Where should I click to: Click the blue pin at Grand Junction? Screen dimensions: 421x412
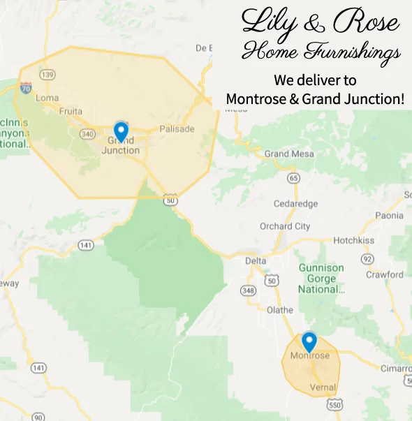click(x=121, y=131)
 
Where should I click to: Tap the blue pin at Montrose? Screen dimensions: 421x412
click(x=309, y=341)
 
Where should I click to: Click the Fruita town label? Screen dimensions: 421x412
click(x=71, y=111)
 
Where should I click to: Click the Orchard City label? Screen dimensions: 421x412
click(x=285, y=226)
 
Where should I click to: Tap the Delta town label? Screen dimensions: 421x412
click(x=256, y=261)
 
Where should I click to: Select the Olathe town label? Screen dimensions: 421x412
click(x=279, y=309)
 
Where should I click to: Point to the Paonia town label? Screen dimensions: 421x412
click(x=389, y=216)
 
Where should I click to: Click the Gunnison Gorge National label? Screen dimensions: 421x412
click(x=321, y=278)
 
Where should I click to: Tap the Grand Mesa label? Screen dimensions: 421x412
click(x=286, y=154)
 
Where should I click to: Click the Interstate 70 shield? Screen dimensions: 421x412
click(x=25, y=88)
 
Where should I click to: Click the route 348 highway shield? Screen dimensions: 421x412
click(x=248, y=290)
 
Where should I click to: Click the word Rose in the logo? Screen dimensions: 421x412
click(x=366, y=24)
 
